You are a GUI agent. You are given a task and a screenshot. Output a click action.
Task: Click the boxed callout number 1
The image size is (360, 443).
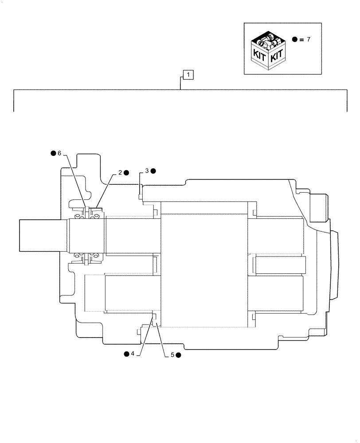pos(188,75)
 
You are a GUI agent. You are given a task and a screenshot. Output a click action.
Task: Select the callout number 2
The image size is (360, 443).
pos(120,173)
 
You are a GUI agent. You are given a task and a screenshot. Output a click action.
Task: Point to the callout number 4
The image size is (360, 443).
pos(133,354)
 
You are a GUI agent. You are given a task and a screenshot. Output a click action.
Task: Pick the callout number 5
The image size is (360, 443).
pos(172,355)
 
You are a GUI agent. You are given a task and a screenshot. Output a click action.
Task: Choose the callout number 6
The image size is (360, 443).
pos(59,153)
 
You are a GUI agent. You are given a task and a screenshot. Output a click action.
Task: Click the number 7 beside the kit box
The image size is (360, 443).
pos(309,39)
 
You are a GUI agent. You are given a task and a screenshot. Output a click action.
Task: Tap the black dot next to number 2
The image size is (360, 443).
pos(126,173)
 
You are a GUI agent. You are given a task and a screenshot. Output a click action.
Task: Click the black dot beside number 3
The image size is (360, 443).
pos(153,171)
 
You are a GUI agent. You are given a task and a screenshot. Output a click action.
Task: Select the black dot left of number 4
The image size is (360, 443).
pos(126,354)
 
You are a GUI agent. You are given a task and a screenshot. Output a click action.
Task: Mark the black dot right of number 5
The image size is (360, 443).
pos(178,355)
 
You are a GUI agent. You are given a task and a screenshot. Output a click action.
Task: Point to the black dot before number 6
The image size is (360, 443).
pos(53,153)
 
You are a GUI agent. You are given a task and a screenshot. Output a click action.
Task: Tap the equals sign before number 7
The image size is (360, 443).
pos(301,39)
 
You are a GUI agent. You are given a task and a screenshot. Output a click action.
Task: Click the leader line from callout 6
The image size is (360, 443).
pos(75,181)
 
